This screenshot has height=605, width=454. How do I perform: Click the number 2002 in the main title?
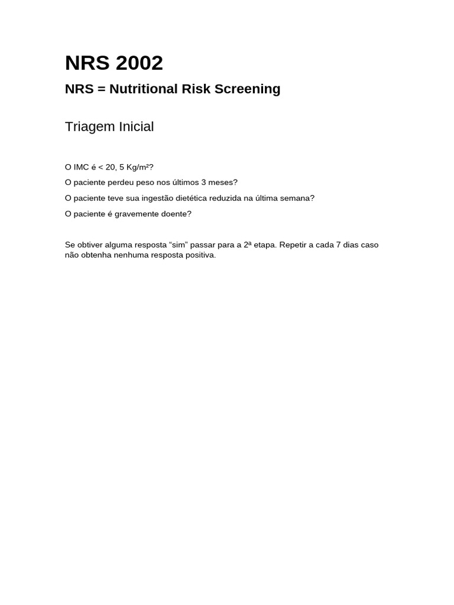click(x=138, y=63)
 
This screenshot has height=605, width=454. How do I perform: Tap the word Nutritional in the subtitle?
click(x=144, y=89)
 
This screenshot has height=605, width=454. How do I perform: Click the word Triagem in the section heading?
click(x=89, y=127)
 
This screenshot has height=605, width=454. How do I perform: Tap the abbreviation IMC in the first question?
click(x=81, y=167)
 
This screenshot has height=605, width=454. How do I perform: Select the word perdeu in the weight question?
click(x=121, y=183)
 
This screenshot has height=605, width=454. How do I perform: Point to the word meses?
click(x=223, y=183)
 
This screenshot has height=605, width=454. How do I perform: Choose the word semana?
click(x=299, y=198)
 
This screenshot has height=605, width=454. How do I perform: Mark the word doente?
click(x=176, y=214)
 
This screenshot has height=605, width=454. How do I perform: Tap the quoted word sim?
click(x=179, y=245)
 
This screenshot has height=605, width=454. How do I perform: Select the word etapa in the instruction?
click(x=264, y=245)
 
